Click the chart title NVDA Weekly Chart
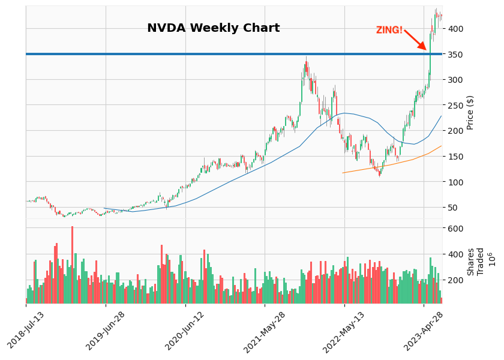click(213, 28)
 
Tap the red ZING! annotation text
click(389, 30)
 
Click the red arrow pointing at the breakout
click(415, 40)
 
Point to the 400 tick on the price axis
click(454, 29)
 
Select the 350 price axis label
click(454, 55)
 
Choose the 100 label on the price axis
click(454, 182)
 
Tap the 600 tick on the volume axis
click(454, 229)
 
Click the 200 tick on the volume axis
click(454, 280)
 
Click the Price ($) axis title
click(470, 112)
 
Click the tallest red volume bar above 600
click(72, 264)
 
